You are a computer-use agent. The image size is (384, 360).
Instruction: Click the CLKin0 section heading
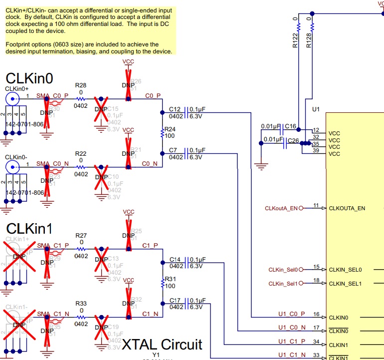pyautogui.click(x=29, y=78)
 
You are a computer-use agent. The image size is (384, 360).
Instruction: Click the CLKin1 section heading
pyautogui.click(x=29, y=229)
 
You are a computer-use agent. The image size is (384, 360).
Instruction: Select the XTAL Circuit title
pyautogui.click(x=163, y=344)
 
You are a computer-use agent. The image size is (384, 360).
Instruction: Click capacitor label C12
pyautogui.click(x=175, y=109)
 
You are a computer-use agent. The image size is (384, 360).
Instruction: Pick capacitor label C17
pyautogui.click(x=175, y=301)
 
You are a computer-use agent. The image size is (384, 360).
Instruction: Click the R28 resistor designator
pyautogui.click(x=81, y=86)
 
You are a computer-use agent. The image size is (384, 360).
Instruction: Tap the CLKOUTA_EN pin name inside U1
pyautogui.click(x=348, y=208)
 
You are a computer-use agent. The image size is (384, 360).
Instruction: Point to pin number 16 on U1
pyautogui.click(x=316, y=314)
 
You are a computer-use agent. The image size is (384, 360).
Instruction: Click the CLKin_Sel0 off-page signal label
pyautogui.click(x=283, y=270)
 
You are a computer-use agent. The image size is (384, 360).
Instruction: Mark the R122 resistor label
pyautogui.click(x=295, y=39)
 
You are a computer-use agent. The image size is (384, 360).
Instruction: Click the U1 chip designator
pyautogui.click(x=315, y=109)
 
